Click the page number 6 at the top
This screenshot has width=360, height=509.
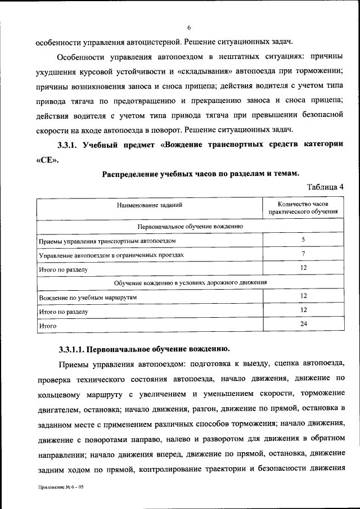tap(190, 28)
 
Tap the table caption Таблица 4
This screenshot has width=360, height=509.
tap(325, 187)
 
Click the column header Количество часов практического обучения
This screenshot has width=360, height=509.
tap(303, 209)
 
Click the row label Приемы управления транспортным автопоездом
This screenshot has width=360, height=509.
tap(107, 241)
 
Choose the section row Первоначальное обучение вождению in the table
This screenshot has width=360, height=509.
tap(190, 227)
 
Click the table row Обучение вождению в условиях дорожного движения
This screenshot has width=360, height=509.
tap(190, 282)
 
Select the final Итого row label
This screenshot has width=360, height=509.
tap(48, 325)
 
